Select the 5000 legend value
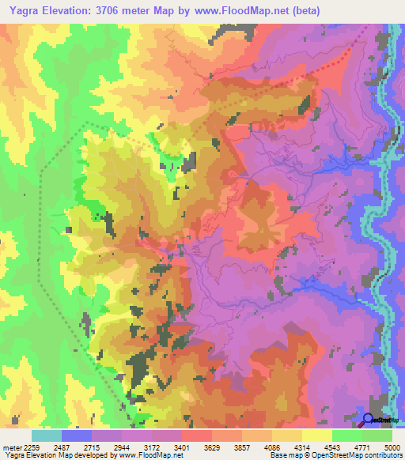[392, 447]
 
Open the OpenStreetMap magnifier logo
[369, 420]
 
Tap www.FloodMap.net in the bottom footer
[150, 456]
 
